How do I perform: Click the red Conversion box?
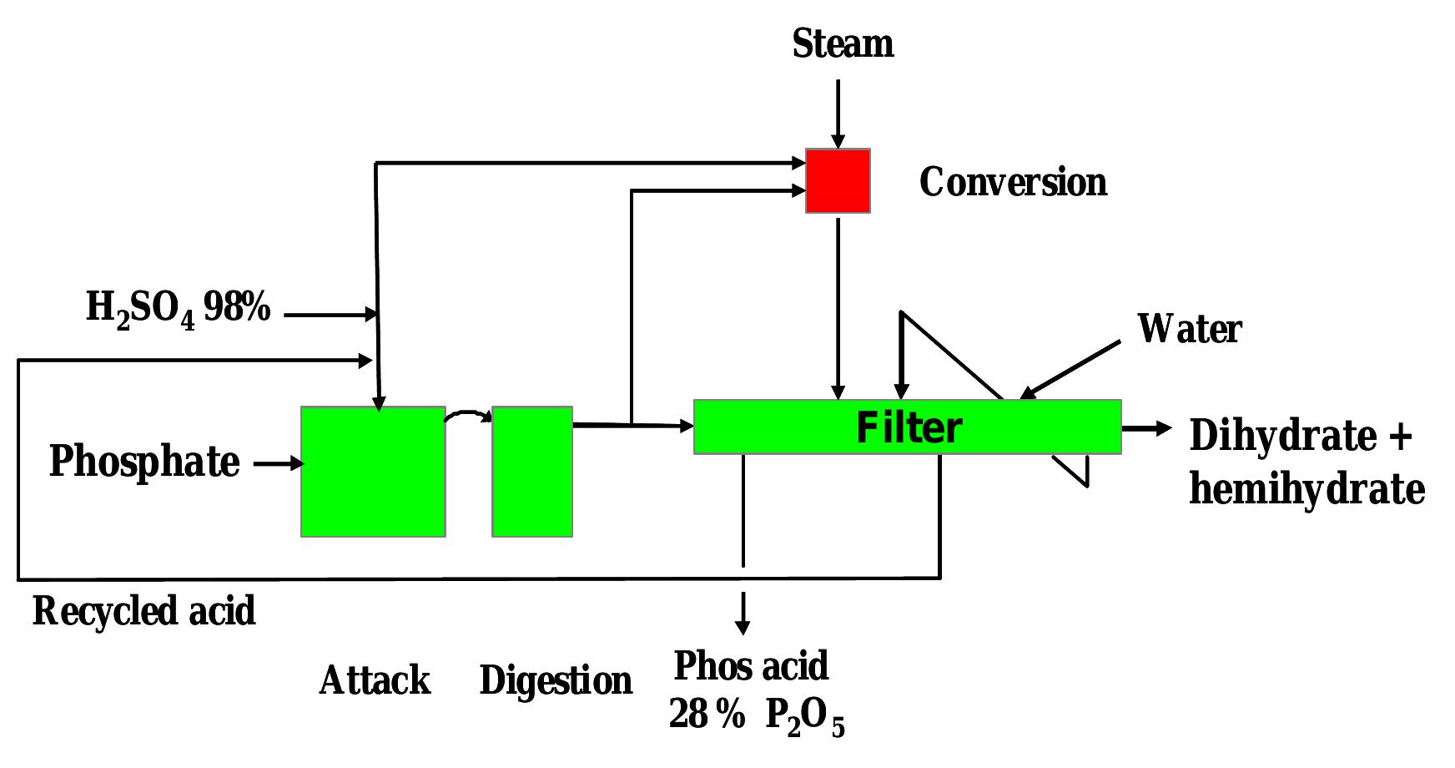[838, 181]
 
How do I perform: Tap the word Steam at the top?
[843, 43]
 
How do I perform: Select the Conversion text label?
[1013, 182]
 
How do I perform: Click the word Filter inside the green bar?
[909, 427]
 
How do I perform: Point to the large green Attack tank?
[373, 472]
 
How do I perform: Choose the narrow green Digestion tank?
[532, 472]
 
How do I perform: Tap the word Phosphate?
[144, 461]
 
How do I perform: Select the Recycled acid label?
[143, 611]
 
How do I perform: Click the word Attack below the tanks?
[375, 680]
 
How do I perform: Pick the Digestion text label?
[556, 680]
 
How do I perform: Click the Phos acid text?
[751, 666]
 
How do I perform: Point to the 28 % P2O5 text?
[757, 716]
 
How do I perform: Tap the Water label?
[1190, 329]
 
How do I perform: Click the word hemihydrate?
[1306, 489]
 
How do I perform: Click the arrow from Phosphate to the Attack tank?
[279, 463]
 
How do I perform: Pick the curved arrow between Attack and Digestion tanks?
[469, 414]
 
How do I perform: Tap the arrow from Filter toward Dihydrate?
[1146, 428]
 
